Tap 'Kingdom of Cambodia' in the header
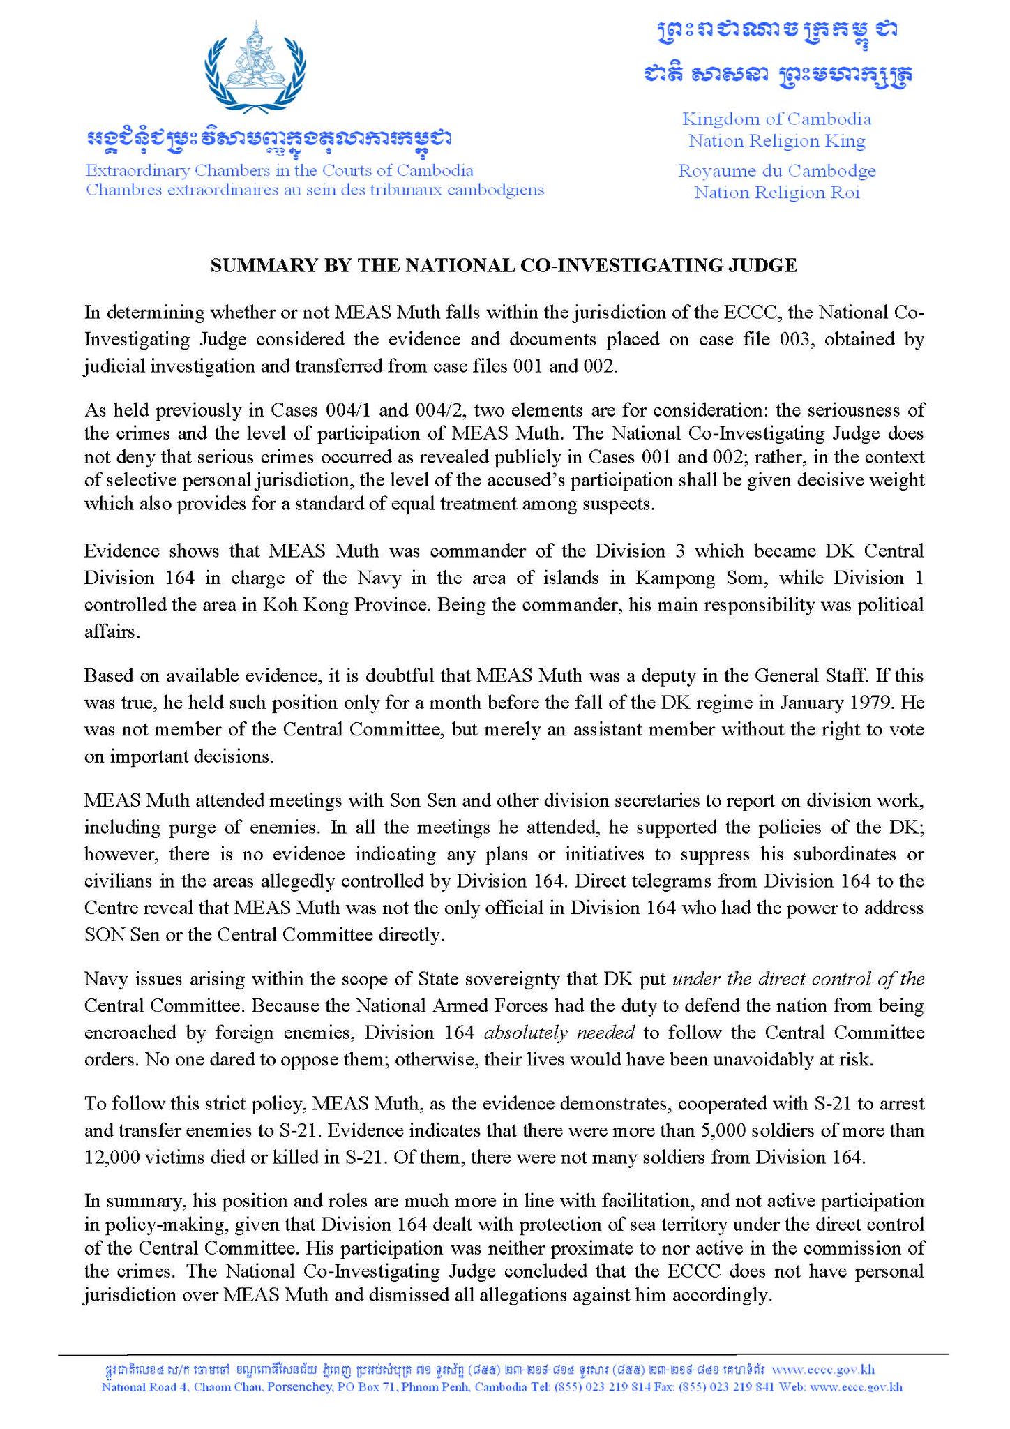point(776,119)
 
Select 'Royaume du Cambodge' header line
point(776,170)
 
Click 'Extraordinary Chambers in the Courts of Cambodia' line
point(279,170)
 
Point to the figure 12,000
point(113,1158)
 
